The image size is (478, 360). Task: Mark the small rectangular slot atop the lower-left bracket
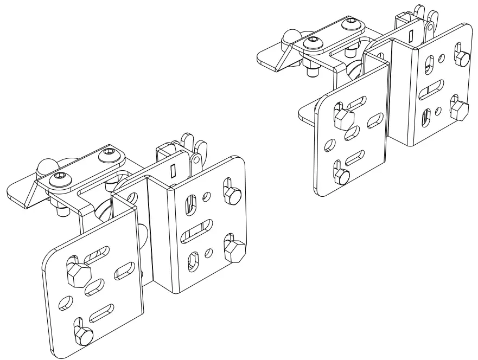pyautogui.click(x=173, y=172)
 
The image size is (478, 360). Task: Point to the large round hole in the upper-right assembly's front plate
pyautogui.click(x=329, y=145)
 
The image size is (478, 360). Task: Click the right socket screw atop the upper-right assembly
pyautogui.click(x=353, y=24)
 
